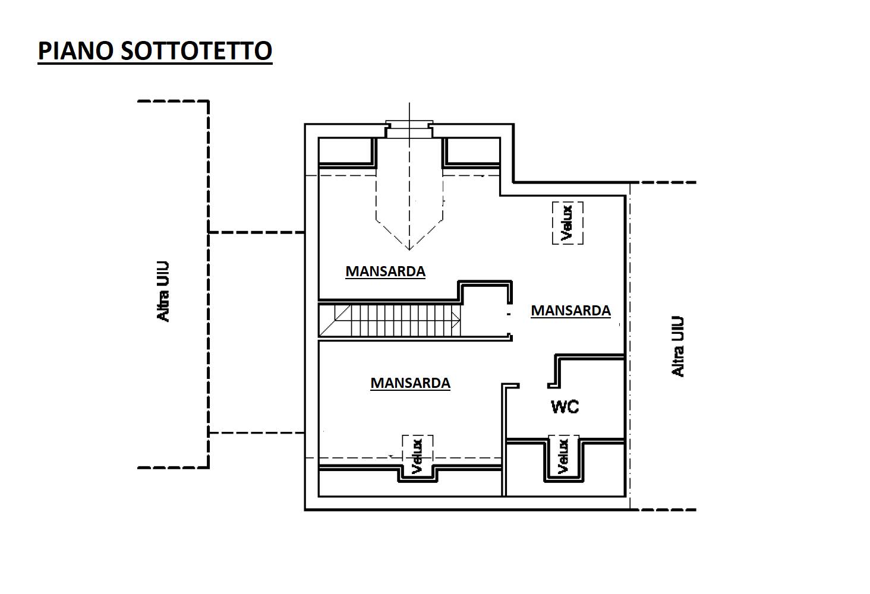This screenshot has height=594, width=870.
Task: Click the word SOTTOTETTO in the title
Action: tap(197, 51)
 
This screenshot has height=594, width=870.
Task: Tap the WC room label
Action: tap(565, 407)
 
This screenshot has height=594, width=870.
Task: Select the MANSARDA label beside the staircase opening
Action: tap(571, 311)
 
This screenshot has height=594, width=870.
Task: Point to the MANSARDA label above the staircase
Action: tap(386, 271)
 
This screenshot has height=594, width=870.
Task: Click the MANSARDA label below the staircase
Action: tap(411, 383)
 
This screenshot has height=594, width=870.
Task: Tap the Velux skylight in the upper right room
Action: tap(568, 223)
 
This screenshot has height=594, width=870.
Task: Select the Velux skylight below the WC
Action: tap(563, 458)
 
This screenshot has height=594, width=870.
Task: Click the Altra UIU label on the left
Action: tap(163, 292)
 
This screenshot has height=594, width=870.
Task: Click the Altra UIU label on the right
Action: tap(677, 346)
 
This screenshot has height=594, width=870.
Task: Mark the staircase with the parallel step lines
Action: tap(390, 321)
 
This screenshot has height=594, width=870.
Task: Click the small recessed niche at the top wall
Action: tap(409, 129)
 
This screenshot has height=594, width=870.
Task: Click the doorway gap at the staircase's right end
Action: tap(509, 318)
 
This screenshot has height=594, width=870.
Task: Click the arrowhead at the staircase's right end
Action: tap(456, 321)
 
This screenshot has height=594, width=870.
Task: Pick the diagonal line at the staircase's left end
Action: tap(335, 321)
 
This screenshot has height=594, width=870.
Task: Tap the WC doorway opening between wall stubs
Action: tap(533, 386)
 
